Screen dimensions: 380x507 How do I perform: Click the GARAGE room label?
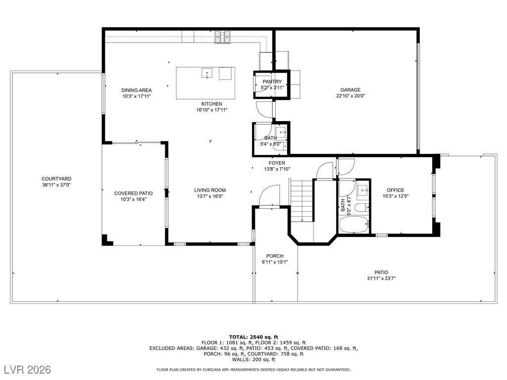tap(350, 90)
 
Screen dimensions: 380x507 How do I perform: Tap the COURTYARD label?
tap(56, 179)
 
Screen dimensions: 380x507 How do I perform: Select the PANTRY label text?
tap(272, 82)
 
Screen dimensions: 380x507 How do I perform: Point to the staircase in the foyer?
tap(302, 201)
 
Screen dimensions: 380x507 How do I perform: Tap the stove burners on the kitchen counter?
tap(222, 37)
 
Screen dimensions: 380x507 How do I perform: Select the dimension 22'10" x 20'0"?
tap(350, 96)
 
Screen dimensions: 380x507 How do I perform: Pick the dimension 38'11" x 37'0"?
tap(56, 185)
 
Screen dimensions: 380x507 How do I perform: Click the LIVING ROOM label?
tap(210, 190)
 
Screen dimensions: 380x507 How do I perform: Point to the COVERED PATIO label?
tap(133, 193)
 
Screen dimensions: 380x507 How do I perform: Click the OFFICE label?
tap(395, 190)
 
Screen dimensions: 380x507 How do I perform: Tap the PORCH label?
tap(275, 256)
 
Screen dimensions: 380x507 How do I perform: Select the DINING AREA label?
tap(136, 90)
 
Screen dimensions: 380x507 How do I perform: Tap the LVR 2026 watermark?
tap(29, 370)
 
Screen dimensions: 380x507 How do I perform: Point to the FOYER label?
tap(277, 163)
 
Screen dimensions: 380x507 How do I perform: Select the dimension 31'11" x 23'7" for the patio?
tap(381, 279)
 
